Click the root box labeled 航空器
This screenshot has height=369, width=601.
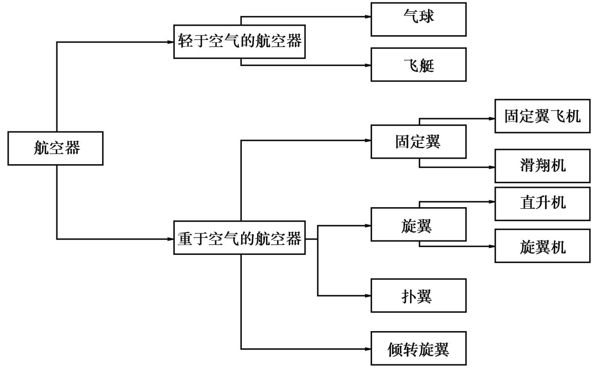55,148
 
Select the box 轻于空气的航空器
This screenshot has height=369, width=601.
239,41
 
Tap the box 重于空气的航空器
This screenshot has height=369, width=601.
239,238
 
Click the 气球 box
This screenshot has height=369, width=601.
418,19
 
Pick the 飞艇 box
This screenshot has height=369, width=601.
418,64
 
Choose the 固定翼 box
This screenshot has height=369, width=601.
418,142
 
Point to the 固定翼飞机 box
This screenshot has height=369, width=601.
542,116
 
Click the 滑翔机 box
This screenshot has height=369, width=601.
542,166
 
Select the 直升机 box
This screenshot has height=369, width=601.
542,204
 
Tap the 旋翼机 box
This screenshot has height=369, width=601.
542,246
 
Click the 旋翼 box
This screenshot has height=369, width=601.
418,224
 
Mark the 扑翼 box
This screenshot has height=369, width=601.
418,296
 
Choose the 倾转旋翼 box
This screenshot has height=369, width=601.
418,348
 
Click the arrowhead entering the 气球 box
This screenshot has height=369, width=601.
368,17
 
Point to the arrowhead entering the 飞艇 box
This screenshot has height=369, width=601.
368,65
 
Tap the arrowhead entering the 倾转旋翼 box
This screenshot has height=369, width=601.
368,349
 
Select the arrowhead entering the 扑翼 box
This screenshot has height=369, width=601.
368,296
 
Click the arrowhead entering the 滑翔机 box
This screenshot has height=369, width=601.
492,167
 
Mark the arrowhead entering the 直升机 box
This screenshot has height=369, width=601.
492,202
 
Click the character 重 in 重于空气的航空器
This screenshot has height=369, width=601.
185,238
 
